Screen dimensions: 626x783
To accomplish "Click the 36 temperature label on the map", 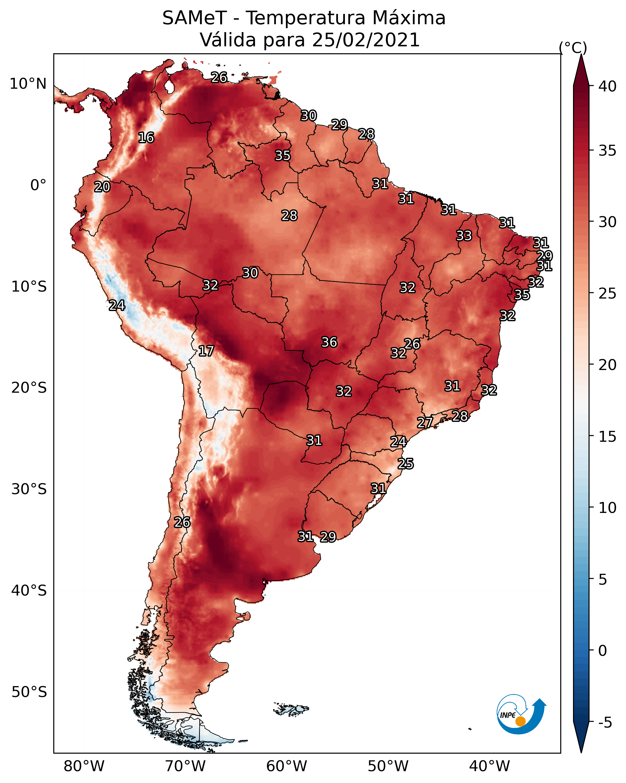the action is tap(329, 342).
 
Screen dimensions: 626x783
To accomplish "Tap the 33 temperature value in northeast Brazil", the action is tap(464, 236).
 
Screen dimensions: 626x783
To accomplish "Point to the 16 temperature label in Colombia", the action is tap(146, 138).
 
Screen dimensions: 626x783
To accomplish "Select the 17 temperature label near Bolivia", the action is tap(206, 351).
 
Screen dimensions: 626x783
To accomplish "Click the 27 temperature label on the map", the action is tap(425, 422).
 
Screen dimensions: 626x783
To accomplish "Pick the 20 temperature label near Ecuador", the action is tap(102, 187).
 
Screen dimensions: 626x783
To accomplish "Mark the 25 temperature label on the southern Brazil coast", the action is tap(406, 464).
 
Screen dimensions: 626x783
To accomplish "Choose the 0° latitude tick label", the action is tap(38, 185).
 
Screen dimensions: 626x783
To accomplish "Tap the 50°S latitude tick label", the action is tap(29, 692).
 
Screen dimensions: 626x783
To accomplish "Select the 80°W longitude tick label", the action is tap(84, 766).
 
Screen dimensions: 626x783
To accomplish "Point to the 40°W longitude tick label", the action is tap(489, 766).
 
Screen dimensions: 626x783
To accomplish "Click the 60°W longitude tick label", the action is tap(287, 766).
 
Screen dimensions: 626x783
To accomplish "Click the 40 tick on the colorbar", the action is tap(608, 86).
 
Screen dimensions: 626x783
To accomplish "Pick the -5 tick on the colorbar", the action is tap(605, 723).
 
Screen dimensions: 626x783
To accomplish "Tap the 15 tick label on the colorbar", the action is tap(608, 437).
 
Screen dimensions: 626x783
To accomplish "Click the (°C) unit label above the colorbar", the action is tap(573, 48).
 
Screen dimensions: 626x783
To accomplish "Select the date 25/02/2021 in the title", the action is tap(366, 40).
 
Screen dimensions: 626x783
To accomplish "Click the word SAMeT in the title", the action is tap(194, 18).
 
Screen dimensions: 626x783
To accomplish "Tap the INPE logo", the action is tap(522, 714).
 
